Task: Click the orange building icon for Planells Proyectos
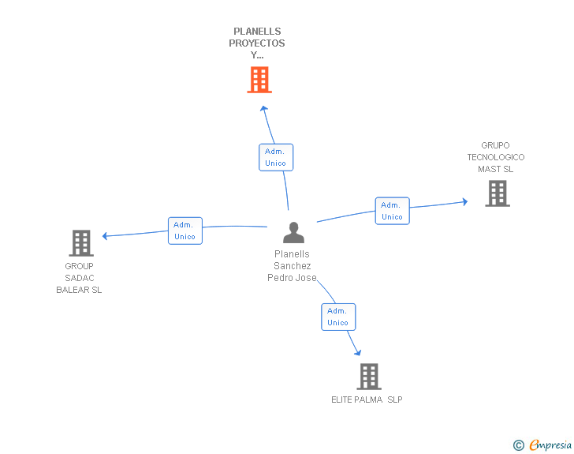pyautogui.click(x=259, y=80)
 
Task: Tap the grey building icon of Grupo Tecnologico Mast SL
pyautogui.click(x=497, y=193)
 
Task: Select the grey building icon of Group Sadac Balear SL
pyautogui.click(x=81, y=243)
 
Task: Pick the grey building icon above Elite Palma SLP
pyautogui.click(x=368, y=377)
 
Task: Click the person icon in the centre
pyautogui.click(x=293, y=233)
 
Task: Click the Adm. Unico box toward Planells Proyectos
pyautogui.click(x=276, y=157)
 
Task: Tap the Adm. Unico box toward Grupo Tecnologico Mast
pyautogui.click(x=392, y=211)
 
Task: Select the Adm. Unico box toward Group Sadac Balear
pyautogui.click(x=185, y=231)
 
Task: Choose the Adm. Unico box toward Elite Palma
pyautogui.click(x=338, y=317)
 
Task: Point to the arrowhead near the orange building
pyautogui.click(x=264, y=108)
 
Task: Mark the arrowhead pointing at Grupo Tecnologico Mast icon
pyautogui.click(x=464, y=202)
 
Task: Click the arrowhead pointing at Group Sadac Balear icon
pyautogui.click(x=106, y=235)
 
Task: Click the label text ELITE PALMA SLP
pyautogui.click(x=367, y=400)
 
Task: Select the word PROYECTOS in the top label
pyautogui.click(x=257, y=43)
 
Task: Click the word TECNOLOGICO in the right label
pyautogui.click(x=495, y=157)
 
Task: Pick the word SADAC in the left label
pyautogui.click(x=79, y=278)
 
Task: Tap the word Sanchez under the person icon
pyautogui.click(x=293, y=266)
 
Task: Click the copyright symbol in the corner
pyautogui.click(x=518, y=445)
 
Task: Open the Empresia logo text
pyautogui.click(x=550, y=445)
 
